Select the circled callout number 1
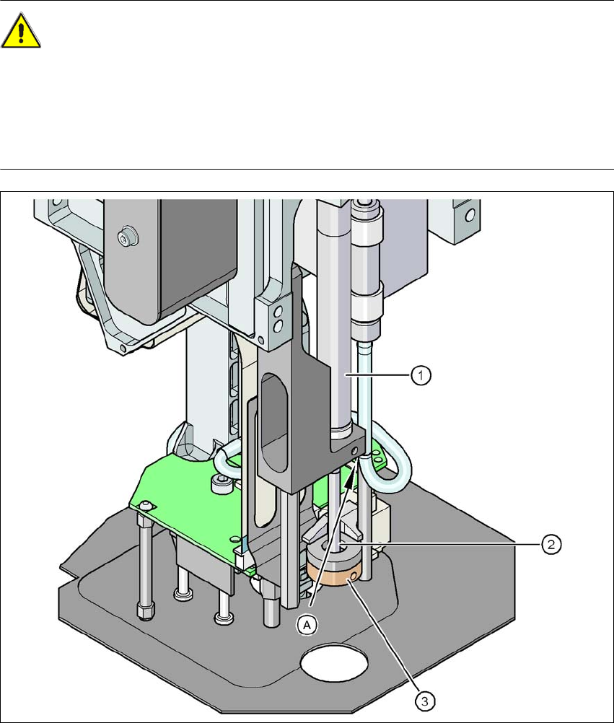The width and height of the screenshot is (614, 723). point(422,375)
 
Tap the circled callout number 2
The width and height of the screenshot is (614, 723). point(551,543)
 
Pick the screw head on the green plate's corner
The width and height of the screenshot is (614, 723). point(146,504)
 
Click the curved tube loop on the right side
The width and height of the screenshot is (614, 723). point(393,462)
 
